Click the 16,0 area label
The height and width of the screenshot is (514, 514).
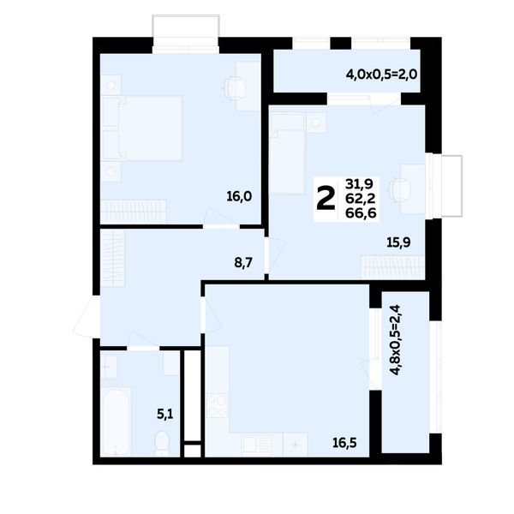pyautogui.click(x=239, y=197)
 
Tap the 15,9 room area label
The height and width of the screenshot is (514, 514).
pyautogui.click(x=398, y=242)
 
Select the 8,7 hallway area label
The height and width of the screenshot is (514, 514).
pyautogui.click(x=243, y=263)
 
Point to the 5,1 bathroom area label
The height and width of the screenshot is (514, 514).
pyautogui.click(x=164, y=415)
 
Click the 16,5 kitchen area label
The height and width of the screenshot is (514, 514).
pyautogui.click(x=344, y=443)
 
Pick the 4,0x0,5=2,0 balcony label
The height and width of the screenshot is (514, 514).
pyautogui.click(x=381, y=75)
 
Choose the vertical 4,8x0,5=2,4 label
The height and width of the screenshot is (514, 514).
pyautogui.click(x=396, y=340)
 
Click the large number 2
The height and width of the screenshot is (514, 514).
pyautogui.click(x=326, y=198)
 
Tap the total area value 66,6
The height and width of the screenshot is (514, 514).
pyautogui.click(x=361, y=213)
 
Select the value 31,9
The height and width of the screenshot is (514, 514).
pyautogui.click(x=359, y=184)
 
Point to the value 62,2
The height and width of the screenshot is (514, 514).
pyautogui.click(x=361, y=199)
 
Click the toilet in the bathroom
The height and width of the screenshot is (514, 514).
pyautogui.click(x=162, y=443)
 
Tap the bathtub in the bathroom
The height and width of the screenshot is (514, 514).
pyautogui.click(x=116, y=421)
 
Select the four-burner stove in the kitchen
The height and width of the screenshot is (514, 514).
pyautogui.click(x=218, y=405)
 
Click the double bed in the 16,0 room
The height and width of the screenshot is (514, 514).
pyautogui.click(x=141, y=128)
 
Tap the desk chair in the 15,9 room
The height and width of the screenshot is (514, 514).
pyautogui.click(x=399, y=189)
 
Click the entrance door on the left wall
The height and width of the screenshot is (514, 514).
pyautogui.click(x=86, y=316)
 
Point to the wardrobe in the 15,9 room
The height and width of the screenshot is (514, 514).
pyautogui.click(x=392, y=267)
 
